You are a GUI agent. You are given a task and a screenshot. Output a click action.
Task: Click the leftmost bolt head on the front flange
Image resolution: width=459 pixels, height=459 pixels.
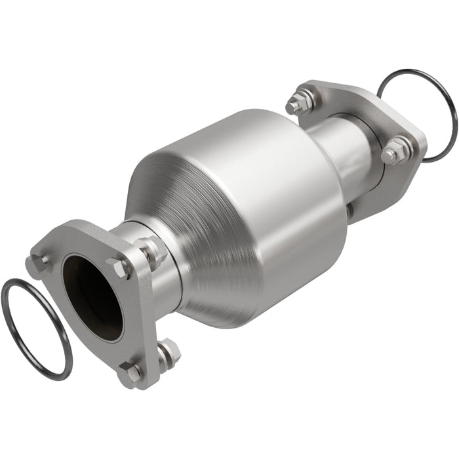[37, 264]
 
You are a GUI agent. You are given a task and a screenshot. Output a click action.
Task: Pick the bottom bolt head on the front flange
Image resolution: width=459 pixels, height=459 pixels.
[129, 372]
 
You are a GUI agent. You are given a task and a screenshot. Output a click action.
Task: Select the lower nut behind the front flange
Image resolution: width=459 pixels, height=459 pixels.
[169, 353]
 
